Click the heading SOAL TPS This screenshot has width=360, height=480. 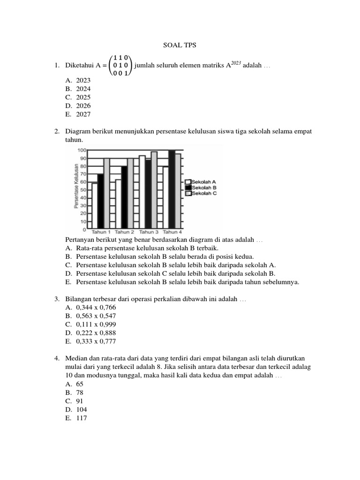pos(180,45)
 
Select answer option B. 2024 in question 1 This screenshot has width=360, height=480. pos(78,89)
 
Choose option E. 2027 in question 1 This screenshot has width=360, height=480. pos(78,114)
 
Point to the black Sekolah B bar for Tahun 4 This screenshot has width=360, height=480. pos(172,190)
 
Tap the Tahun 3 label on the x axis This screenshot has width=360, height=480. pos(149,232)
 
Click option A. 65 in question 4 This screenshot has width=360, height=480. pos(75,383)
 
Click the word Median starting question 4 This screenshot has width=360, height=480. pos(76,359)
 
